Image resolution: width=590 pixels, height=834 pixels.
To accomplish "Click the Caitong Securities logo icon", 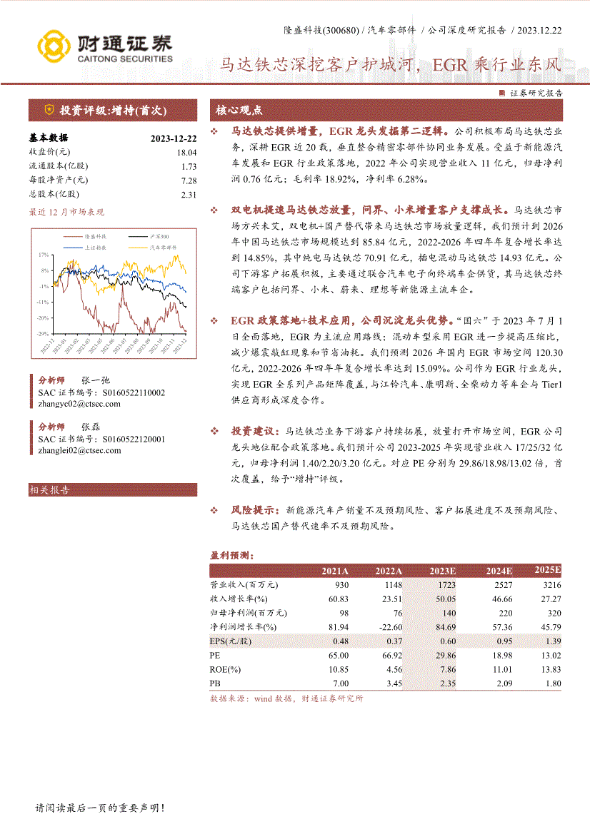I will coord(53,46).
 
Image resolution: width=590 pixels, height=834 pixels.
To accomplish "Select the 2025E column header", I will coord(548,569).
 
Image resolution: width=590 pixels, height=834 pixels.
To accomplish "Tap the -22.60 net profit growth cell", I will coord(389,626).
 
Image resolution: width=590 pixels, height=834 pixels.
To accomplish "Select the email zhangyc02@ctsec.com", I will coord(79,404).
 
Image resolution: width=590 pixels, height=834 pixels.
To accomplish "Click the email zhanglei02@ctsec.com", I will coord(79,451).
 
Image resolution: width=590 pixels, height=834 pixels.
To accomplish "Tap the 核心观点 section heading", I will coord(239,111).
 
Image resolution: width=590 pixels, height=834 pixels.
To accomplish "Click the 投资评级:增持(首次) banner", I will coord(113,111).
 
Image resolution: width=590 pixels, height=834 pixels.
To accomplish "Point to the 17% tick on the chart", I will coord(44,255).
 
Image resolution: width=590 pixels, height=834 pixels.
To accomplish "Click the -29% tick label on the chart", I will coord(43,333).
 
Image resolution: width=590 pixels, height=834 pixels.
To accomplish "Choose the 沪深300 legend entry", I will coord(159,236).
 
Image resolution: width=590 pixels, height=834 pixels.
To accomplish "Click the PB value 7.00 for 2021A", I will coord(341,683).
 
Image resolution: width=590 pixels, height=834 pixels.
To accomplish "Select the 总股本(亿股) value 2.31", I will coord(189,194).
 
